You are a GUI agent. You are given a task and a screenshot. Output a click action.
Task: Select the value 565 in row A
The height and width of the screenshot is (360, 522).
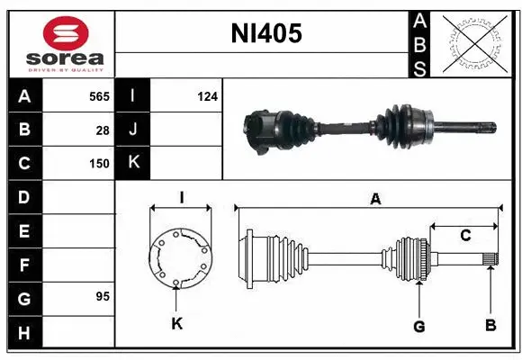pos(98,96)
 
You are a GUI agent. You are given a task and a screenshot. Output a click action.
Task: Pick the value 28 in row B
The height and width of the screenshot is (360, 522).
pos(103,130)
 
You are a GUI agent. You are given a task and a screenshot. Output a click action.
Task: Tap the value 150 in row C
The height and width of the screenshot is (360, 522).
pos(98,164)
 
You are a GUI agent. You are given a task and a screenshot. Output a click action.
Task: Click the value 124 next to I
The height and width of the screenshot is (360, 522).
pos(208,96)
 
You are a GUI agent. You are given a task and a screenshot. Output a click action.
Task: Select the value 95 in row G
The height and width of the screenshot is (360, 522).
pos(102,296)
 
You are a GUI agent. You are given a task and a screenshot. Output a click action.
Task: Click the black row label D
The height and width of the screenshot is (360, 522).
pos(24,197)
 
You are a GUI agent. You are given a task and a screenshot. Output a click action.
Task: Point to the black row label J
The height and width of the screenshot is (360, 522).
pos(132,130)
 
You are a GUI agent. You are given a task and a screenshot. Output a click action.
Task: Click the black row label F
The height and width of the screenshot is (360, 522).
pos(24,265)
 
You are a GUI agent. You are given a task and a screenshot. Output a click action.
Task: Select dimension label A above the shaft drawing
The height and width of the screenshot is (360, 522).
pos(375,200)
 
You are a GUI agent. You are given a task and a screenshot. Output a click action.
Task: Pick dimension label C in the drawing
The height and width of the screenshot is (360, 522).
pos(464,236)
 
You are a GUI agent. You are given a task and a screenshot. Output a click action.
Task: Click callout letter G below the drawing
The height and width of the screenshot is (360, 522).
pos(418,324)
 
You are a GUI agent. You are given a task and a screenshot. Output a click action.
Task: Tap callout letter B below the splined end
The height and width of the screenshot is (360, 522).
pos(490,324)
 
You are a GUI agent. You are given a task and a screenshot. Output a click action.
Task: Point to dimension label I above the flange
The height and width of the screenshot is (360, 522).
pos(181,197)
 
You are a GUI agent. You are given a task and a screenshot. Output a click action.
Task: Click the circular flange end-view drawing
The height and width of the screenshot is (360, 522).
pos(180,259)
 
